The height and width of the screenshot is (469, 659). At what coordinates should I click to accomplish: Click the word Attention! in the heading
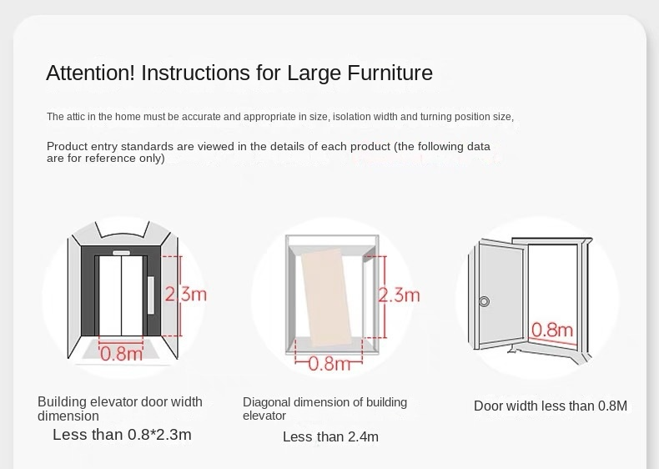(x=90, y=73)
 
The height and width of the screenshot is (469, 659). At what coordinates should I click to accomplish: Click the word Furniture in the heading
(x=390, y=73)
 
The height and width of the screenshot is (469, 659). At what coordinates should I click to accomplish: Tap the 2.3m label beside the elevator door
(x=185, y=294)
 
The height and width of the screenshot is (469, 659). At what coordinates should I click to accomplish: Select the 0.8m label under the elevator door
(x=121, y=354)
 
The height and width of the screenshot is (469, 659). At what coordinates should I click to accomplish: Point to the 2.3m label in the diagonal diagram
(x=399, y=295)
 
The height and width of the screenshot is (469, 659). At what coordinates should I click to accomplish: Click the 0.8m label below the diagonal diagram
(x=329, y=363)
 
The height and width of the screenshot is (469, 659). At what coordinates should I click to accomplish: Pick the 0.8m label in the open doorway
(x=552, y=330)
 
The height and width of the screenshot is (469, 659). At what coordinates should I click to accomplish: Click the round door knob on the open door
(x=484, y=301)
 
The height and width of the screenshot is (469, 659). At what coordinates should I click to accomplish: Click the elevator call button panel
(x=151, y=295)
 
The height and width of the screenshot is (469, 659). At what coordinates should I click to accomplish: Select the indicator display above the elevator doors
(x=121, y=253)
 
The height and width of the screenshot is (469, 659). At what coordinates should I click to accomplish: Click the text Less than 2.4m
(x=330, y=436)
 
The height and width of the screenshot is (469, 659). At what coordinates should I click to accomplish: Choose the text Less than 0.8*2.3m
(x=122, y=435)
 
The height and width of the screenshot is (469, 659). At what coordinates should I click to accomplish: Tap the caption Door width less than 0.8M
(x=551, y=406)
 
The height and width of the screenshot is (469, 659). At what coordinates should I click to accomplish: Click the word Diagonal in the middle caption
(x=266, y=402)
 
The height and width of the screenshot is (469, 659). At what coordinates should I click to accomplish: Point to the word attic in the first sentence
(x=76, y=117)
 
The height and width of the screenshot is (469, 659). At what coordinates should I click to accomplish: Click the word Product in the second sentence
(x=68, y=146)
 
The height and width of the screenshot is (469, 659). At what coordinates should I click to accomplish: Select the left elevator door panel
(x=110, y=295)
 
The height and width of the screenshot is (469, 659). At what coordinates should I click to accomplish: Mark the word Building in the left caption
(x=62, y=402)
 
